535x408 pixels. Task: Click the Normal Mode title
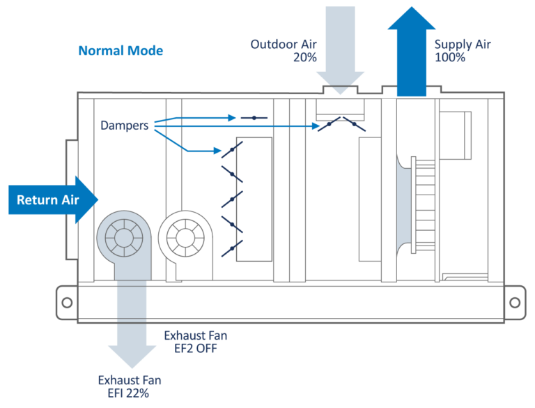click(121, 51)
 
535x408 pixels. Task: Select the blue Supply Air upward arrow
click(411, 52)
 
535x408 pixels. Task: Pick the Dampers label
click(124, 126)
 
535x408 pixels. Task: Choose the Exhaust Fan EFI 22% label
click(130, 386)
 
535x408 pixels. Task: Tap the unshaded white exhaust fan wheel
click(185, 238)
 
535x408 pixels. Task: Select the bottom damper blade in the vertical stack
click(232, 245)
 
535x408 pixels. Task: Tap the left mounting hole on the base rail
click(67, 303)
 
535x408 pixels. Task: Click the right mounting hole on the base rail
click(513, 303)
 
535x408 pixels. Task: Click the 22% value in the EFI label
click(138, 393)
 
